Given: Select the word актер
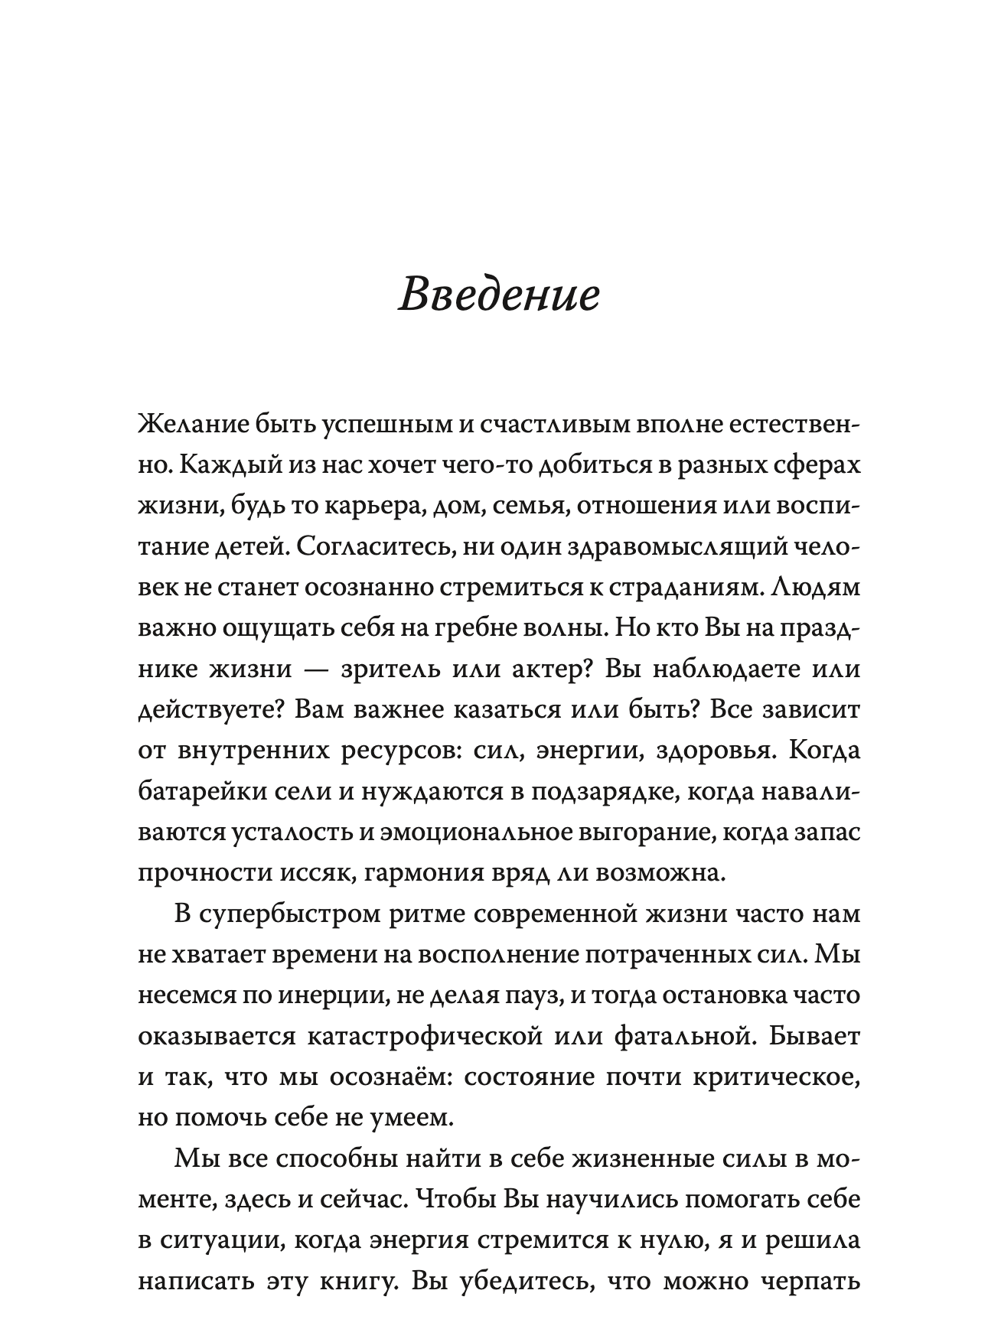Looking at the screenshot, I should [549, 669].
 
